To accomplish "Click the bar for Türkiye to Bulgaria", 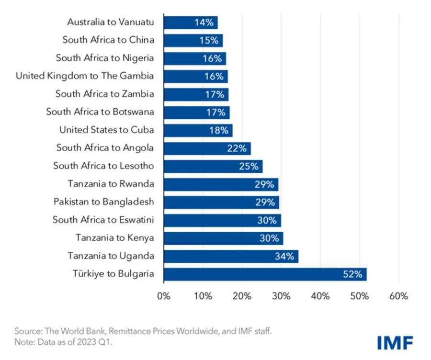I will tap(265, 274).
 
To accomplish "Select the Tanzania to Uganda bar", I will tap(231, 257).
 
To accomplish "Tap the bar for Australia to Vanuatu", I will tap(191, 22).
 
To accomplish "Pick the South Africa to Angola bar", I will tap(207, 148).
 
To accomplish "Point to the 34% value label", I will tap(284, 257).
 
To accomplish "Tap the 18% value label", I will tap(218, 130).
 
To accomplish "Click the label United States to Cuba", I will tap(106, 130).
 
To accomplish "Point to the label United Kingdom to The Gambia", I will tap(85, 76).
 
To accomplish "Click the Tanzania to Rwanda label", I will tap(112, 184).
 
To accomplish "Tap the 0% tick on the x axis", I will tap(164, 296).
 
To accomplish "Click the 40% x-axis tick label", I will tap(320, 296).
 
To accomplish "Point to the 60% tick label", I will tap(398, 296).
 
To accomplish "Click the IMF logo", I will tap(395, 342).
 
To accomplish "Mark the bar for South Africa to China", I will tap(193, 40).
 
